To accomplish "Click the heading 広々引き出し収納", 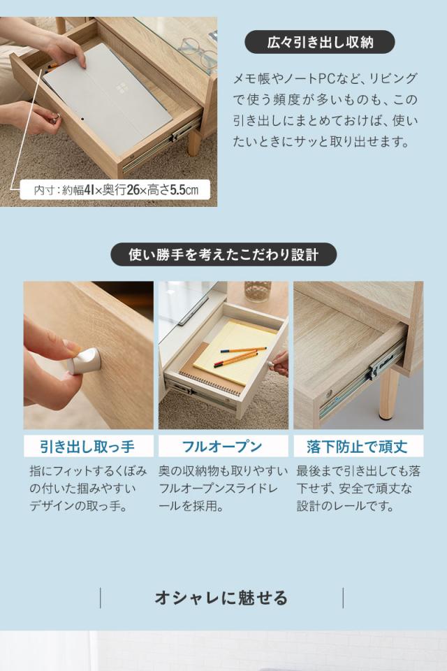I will click(x=320, y=43).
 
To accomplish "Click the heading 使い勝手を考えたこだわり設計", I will click(x=223, y=254).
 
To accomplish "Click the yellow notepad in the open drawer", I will click(x=235, y=350).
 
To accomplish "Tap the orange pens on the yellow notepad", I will click(x=241, y=355).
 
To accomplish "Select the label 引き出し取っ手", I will click(x=88, y=447).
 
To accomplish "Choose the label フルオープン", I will click(x=223, y=447).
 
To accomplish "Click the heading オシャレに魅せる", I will click(x=221, y=598).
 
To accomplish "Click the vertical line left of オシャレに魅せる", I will click(x=101, y=598).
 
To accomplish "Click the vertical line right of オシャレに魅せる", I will click(x=343, y=598).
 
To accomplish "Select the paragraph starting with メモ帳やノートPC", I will click(x=325, y=110).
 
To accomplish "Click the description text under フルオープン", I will click(x=223, y=489).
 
